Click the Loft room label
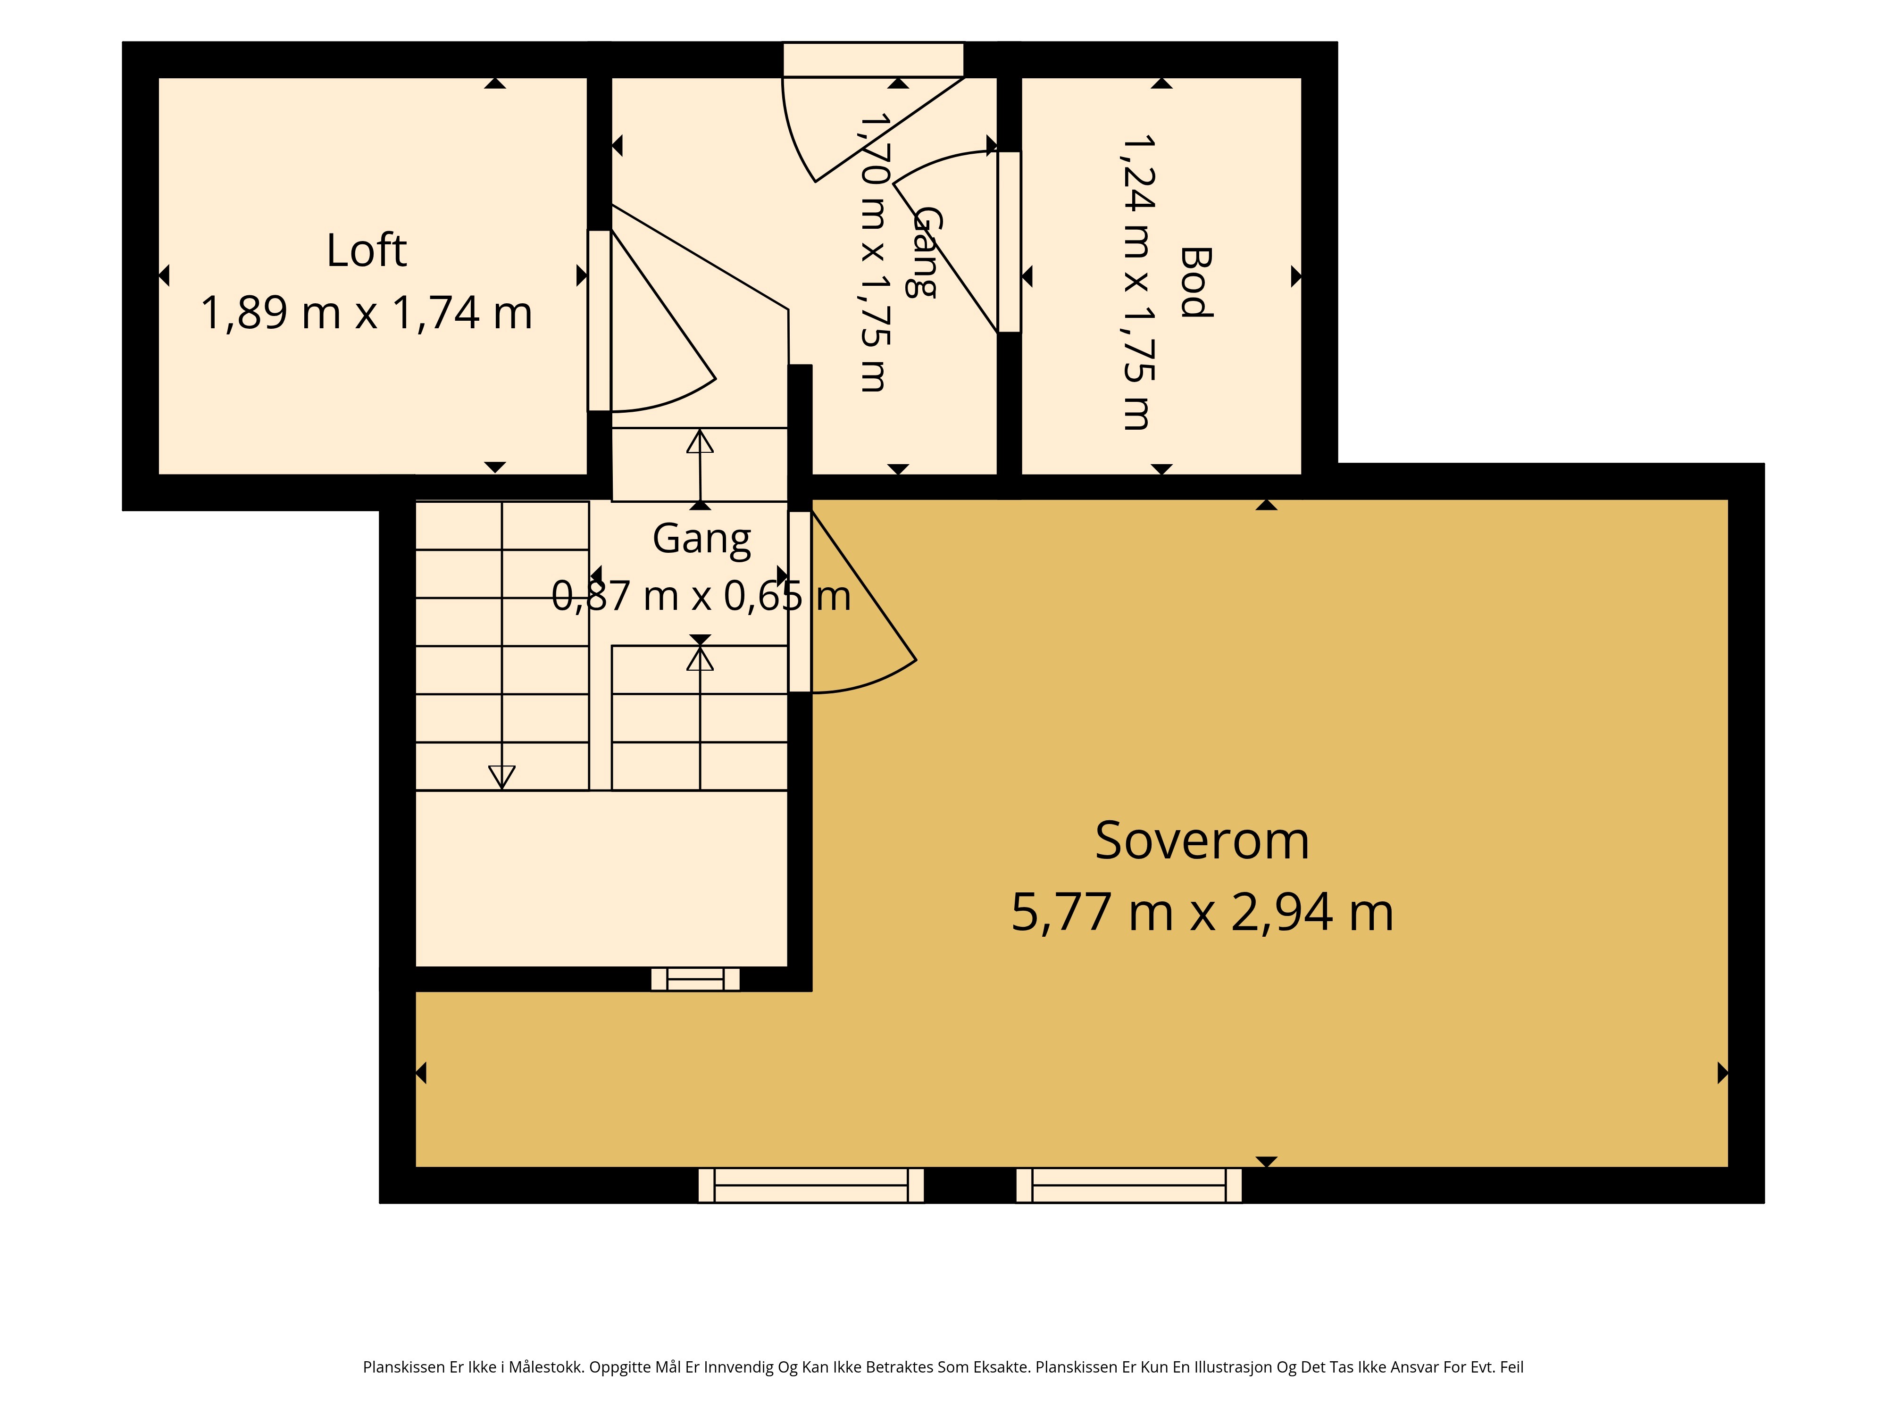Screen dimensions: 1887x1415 (x=367, y=251)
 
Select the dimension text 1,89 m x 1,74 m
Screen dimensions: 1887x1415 (x=367, y=313)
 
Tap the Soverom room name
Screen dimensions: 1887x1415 (x=1202, y=841)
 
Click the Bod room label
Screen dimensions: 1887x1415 (x=1195, y=283)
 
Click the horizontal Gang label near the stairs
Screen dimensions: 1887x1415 (x=701, y=540)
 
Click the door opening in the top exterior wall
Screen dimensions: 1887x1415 (x=874, y=60)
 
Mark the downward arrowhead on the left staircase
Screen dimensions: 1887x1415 (x=501, y=777)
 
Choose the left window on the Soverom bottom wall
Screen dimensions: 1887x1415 (x=811, y=1186)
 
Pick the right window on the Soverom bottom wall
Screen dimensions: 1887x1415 (x=1128, y=1186)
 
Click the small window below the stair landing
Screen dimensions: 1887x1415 (x=695, y=979)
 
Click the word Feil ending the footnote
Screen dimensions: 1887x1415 (x=1511, y=1367)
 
